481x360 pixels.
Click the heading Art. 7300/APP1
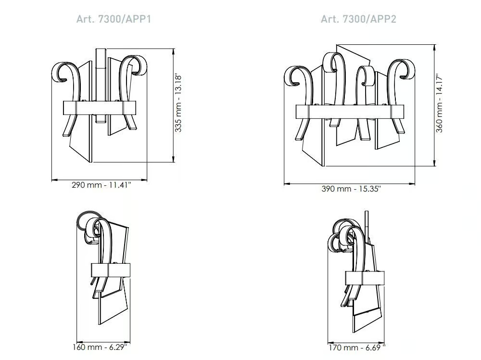(114, 19)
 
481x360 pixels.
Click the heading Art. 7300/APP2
(358, 19)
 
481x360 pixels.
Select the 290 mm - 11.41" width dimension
(101, 185)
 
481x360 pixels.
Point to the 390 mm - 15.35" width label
(351, 189)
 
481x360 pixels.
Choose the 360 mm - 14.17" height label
(439, 103)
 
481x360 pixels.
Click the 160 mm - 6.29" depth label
(100, 347)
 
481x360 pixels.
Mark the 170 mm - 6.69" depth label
(357, 347)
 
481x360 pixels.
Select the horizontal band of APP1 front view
(99, 108)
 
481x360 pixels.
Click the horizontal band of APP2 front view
(350, 112)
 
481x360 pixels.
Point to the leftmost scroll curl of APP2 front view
(293, 76)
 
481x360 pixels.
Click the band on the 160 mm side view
(111, 270)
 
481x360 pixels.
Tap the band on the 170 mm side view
(365, 278)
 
